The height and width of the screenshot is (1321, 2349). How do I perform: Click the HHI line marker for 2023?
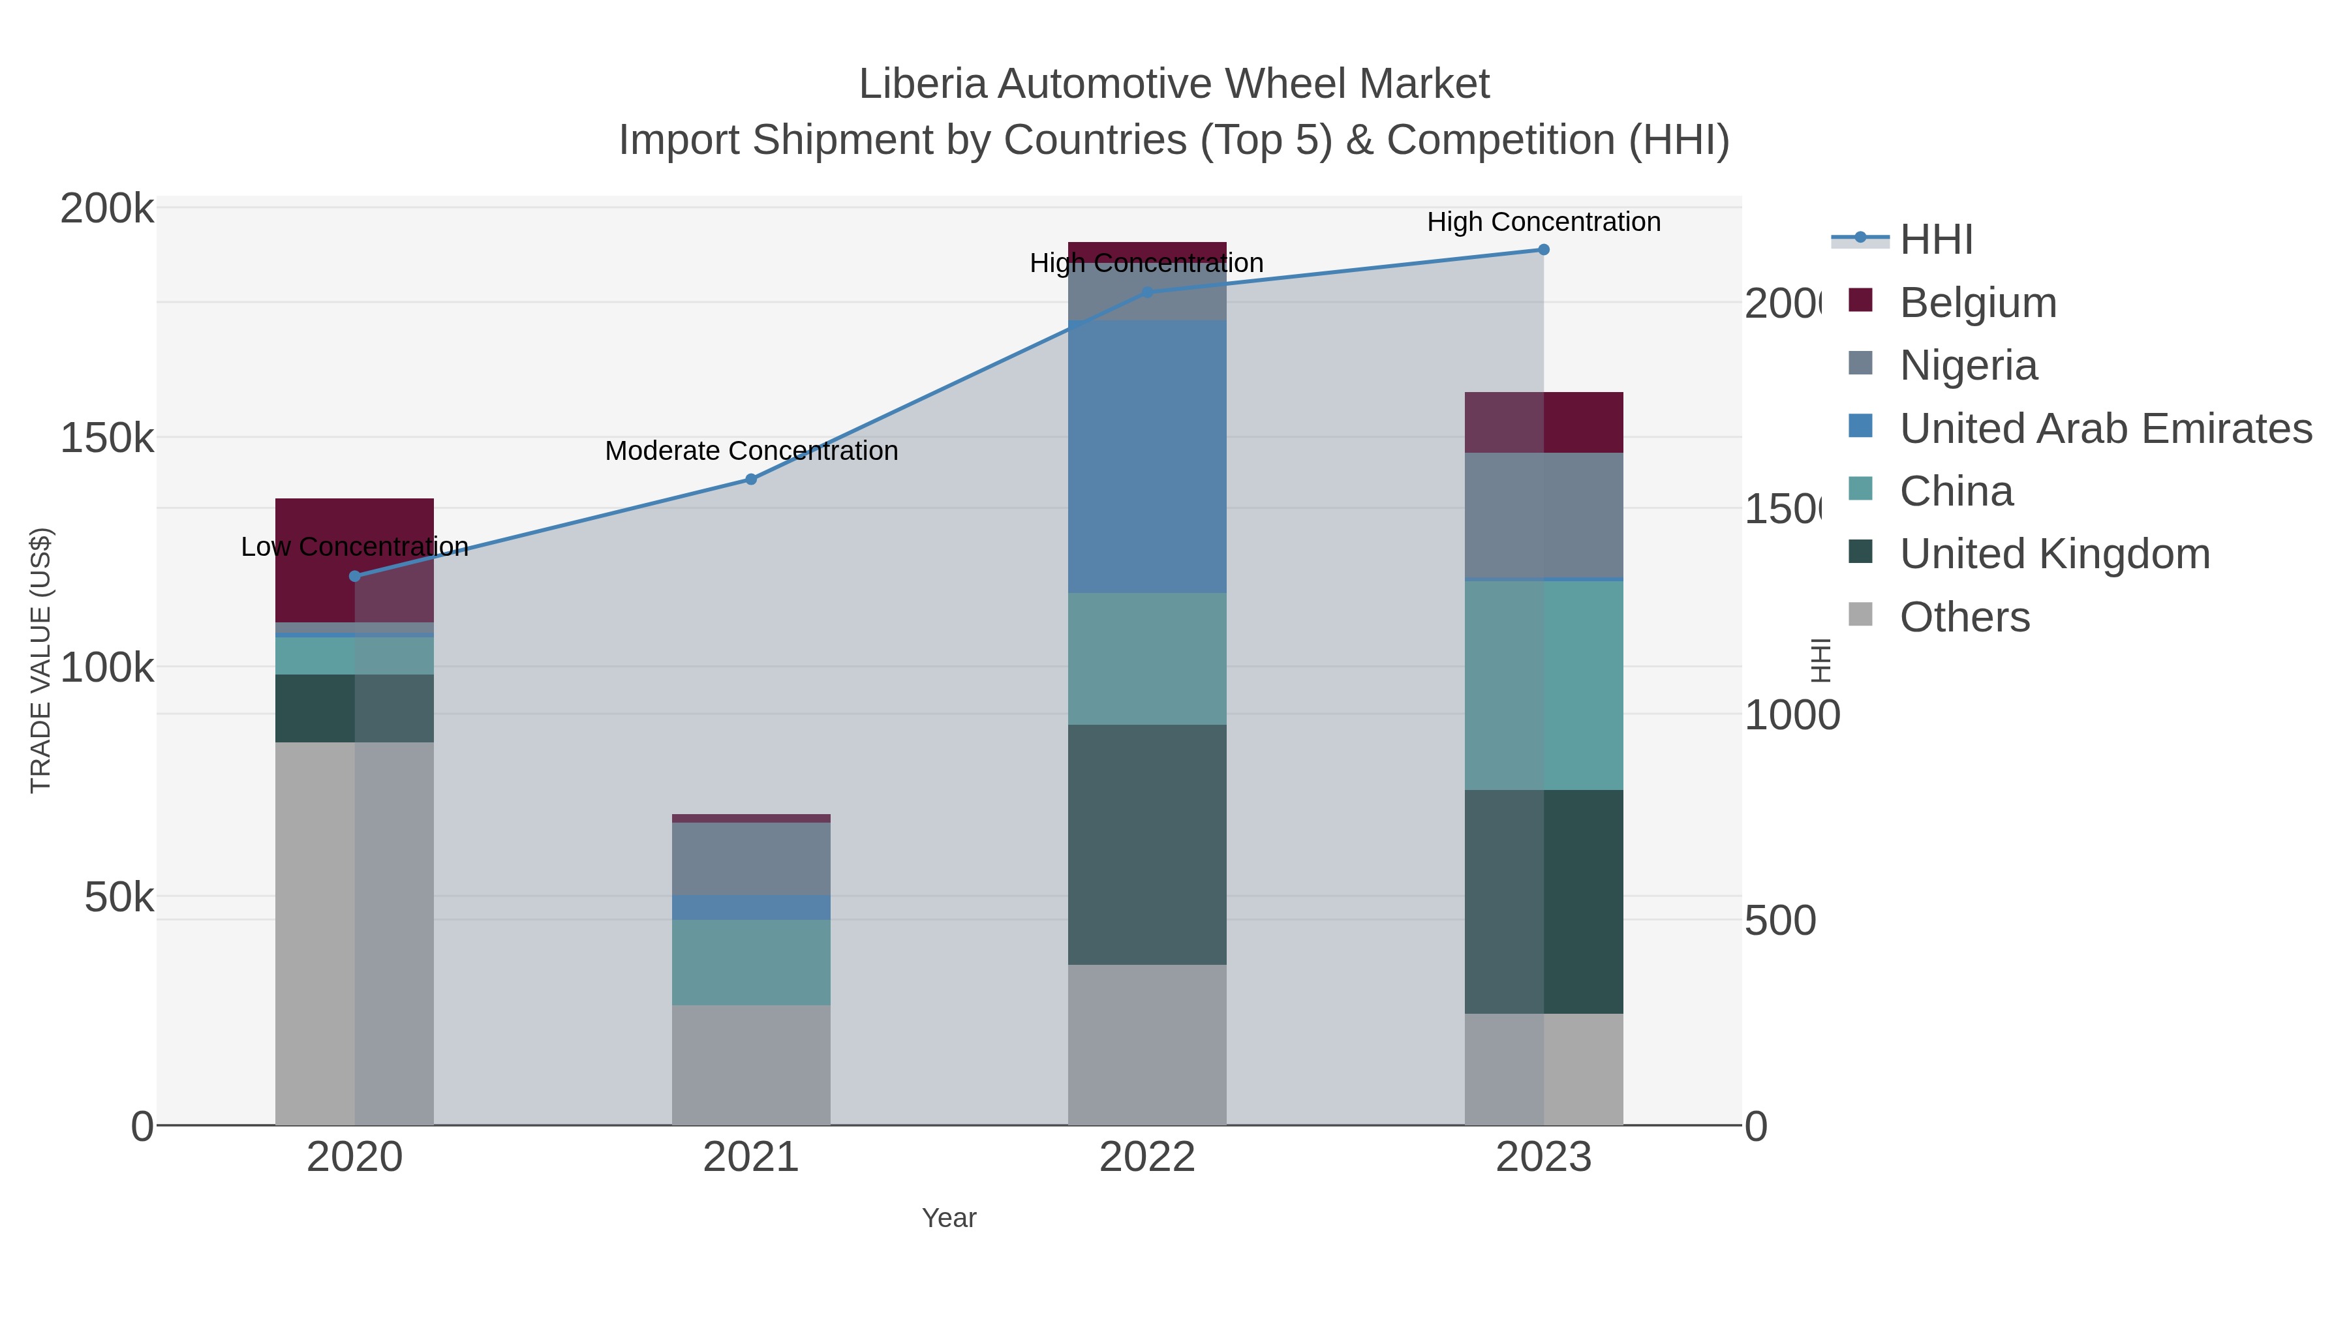pos(1543,250)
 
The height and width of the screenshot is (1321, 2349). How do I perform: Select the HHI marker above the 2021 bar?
pos(750,479)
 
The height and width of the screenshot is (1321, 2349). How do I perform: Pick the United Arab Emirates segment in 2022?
pos(1146,456)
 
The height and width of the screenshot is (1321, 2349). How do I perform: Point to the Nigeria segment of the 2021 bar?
pos(750,858)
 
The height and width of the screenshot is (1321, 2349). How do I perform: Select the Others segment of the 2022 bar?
pos(1146,1044)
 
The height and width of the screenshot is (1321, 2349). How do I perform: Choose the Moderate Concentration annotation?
pos(750,450)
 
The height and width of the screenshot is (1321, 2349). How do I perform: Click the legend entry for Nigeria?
pos(1968,365)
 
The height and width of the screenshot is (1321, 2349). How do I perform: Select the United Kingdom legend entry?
pos(2055,554)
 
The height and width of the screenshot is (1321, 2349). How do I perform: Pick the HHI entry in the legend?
pos(1936,240)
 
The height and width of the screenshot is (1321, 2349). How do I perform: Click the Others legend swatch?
pos(1860,615)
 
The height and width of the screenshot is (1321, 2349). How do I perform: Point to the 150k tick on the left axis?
pos(107,438)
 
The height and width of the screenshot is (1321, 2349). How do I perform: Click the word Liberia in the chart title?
pos(923,85)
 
